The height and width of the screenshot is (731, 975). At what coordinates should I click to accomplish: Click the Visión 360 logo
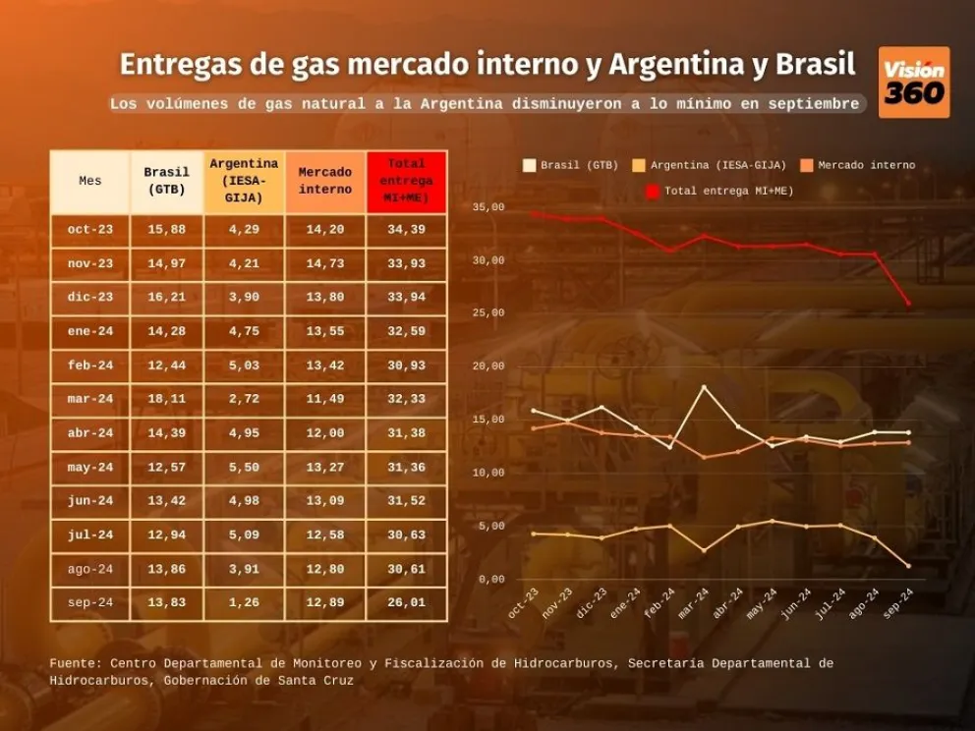coord(913,83)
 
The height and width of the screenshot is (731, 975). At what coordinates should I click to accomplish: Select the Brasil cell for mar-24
coord(166,399)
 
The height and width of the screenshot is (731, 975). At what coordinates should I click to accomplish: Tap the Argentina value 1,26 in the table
coord(244,603)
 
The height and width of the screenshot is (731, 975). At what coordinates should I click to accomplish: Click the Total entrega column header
coord(406,182)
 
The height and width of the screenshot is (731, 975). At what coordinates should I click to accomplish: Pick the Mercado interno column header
coord(325,182)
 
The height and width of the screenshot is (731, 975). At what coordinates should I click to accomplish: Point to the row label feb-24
coord(90,365)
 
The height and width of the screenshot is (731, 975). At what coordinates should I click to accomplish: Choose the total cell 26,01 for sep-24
coord(406,603)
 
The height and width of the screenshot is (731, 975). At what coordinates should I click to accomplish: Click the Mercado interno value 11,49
coord(325,399)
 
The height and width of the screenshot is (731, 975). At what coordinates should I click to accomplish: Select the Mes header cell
coord(90,182)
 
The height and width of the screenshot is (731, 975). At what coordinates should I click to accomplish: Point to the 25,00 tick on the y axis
coord(488,313)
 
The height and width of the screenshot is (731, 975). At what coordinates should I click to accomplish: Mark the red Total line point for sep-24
coord(908,303)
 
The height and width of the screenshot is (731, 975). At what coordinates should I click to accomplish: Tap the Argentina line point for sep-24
coord(908,566)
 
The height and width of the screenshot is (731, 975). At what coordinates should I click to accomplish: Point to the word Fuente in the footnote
coord(75,664)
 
